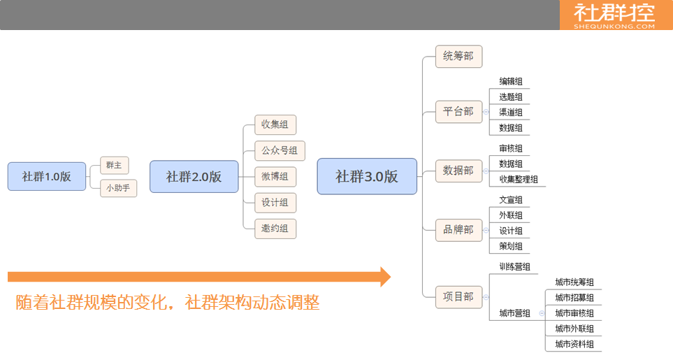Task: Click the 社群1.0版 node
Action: point(47,176)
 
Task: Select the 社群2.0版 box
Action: point(194,176)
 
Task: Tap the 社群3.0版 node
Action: point(367,176)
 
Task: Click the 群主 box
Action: point(114,165)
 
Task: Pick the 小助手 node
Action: point(118,188)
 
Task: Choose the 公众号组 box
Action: point(280,150)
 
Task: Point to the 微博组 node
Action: point(275,176)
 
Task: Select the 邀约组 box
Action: point(275,228)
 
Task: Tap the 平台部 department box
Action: point(458,112)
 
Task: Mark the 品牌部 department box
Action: point(458,230)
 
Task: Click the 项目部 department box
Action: point(458,296)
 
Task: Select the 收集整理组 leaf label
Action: point(519,180)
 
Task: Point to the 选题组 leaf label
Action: point(511,97)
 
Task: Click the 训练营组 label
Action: point(514,267)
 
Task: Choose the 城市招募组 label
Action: point(574,298)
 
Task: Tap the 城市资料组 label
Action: point(574,344)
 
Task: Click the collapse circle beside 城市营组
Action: point(542,313)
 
